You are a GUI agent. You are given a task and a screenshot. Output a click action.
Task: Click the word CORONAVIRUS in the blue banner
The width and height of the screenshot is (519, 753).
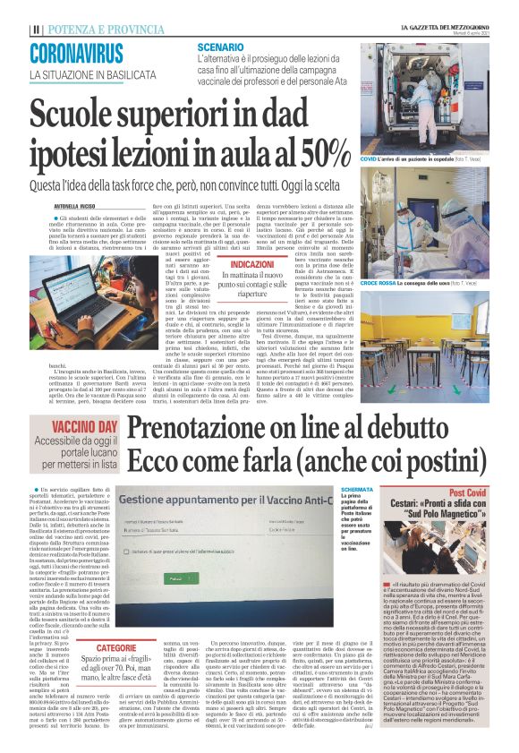pos(76,53)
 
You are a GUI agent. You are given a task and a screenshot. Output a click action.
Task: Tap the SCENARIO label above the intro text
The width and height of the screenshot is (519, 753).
pos(222,46)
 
